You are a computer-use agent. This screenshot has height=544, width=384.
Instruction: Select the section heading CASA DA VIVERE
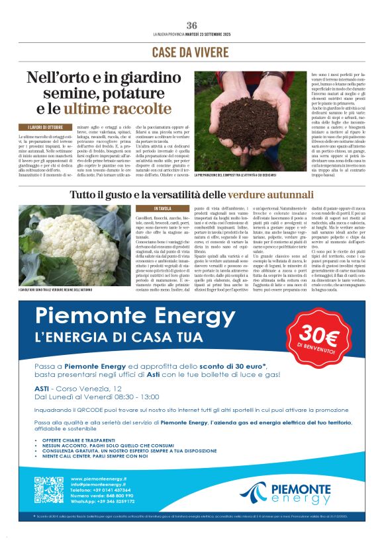[x=192, y=52]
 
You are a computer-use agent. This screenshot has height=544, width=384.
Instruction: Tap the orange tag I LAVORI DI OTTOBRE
[x=46, y=127]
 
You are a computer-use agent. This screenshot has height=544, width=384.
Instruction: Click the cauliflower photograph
[x=74, y=245]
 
